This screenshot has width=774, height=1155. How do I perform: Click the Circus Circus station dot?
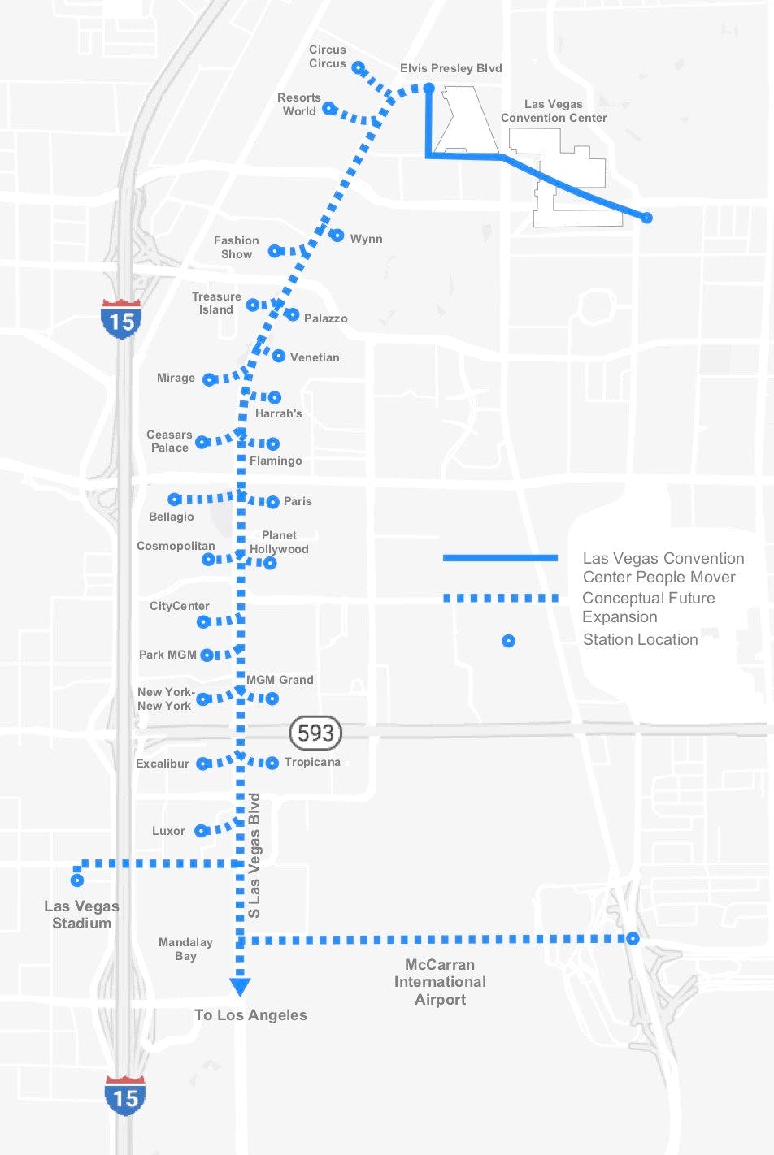[x=358, y=68]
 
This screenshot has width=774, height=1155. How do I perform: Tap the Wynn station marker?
[x=337, y=236]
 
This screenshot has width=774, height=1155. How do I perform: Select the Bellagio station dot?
[x=175, y=499]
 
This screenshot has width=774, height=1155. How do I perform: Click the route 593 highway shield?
[x=315, y=733]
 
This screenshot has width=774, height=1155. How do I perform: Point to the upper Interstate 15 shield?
[x=121, y=318]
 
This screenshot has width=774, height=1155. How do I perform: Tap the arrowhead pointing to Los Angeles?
[x=240, y=987]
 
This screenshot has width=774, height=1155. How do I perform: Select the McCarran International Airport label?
[x=440, y=981]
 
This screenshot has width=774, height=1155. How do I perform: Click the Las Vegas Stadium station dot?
[x=77, y=880]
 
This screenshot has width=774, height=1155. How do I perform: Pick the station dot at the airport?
[x=633, y=939]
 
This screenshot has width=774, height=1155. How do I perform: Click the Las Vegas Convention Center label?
[x=554, y=111]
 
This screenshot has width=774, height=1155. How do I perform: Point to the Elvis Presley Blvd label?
[x=450, y=68]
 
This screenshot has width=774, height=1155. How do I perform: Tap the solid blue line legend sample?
[x=500, y=558]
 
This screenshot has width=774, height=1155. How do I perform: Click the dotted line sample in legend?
[x=500, y=598]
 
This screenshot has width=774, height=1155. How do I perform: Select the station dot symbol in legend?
[x=508, y=641]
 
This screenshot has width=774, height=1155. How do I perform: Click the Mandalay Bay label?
[x=185, y=949]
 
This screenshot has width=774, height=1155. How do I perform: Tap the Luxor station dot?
[x=201, y=830]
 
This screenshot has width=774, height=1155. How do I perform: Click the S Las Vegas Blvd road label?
[x=254, y=855]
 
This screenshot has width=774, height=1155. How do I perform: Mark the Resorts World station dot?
[x=328, y=108]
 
